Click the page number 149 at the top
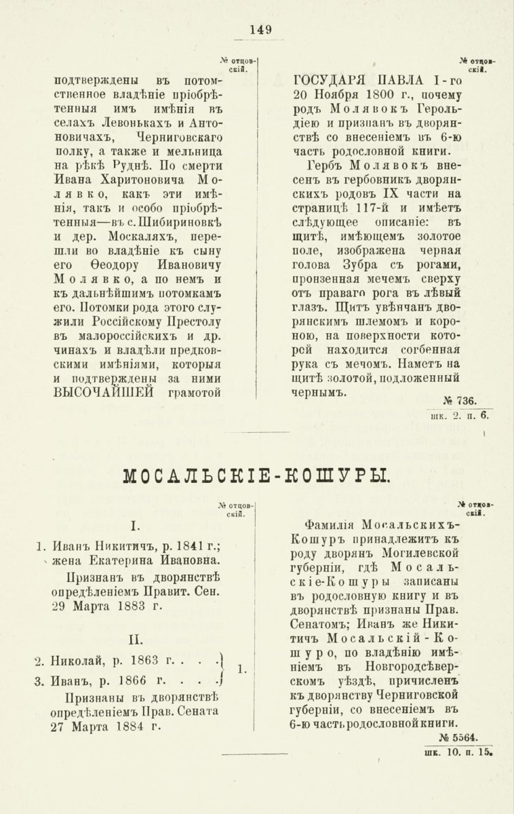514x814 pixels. [260, 29]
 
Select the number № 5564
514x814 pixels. [459, 737]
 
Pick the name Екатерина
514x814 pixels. [125, 560]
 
